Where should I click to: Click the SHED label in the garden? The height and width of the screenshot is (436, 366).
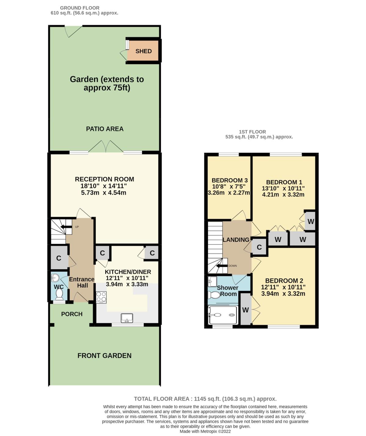(x=143, y=51)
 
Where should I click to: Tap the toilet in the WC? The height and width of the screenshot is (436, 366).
(x=60, y=294)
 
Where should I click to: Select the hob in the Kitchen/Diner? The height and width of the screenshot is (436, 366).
(x=101, y=297)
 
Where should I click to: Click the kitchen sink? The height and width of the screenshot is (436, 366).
(x=127, y=318)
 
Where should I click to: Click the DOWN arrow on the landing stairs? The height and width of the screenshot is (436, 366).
(x=222, y=266)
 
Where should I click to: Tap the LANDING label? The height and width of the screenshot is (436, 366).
(x=236, y=240)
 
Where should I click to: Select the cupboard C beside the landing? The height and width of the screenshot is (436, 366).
(x=259, y=247)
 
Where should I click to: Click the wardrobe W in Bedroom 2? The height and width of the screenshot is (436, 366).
(x=246, y=310)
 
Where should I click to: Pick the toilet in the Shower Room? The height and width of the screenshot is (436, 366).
(x=214, y=295)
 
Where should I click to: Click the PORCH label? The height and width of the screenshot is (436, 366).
(x=72, y=314)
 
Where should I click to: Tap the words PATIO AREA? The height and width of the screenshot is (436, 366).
(x=105, y=129)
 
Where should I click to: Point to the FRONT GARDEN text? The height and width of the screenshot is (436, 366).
(x=104, y=356)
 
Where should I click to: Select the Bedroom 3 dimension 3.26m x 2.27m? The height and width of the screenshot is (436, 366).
(x=229, y=192)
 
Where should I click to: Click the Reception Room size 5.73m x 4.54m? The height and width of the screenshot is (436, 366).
(x=104, y=192)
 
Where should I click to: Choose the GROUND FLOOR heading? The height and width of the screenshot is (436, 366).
(x=80, y=8)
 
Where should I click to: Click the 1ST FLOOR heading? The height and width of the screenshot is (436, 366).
(x=252, y=132)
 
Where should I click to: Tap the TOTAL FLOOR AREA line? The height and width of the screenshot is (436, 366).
(x=205, y=399)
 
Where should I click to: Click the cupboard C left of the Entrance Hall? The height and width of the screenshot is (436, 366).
(x=59, y=258)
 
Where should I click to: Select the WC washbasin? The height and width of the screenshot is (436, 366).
(x=55, y=278)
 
